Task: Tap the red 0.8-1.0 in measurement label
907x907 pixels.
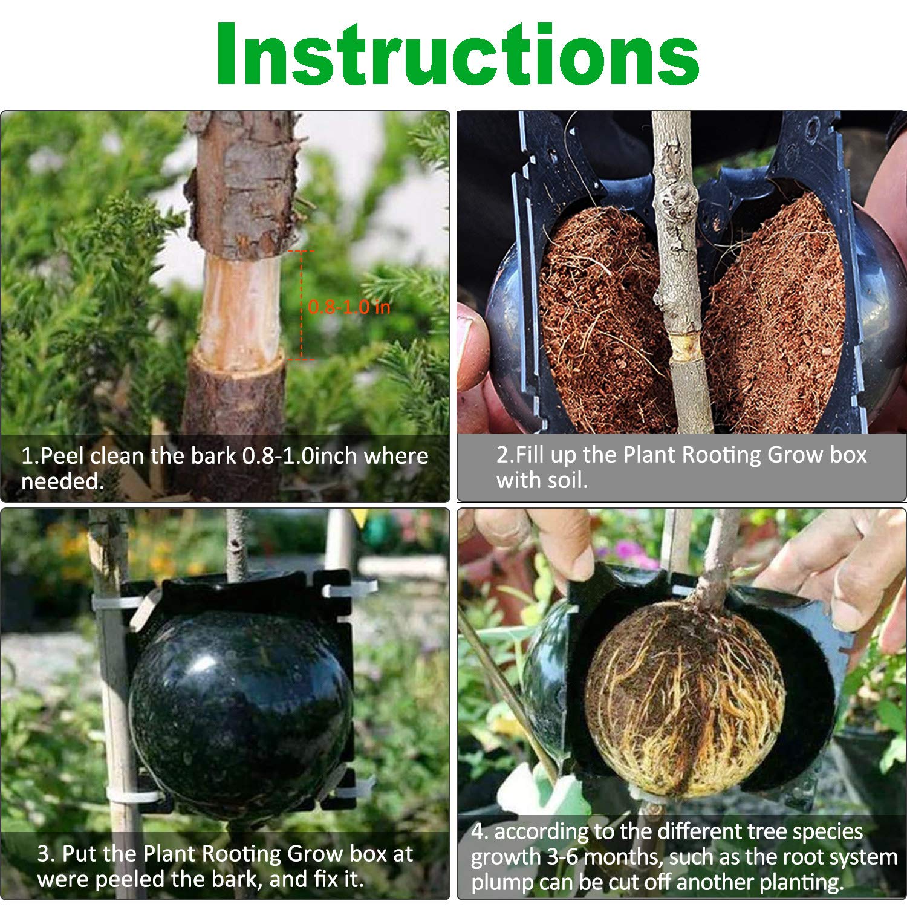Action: click(x=349, y=307)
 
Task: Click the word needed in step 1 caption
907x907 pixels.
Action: click(x=62, y=481)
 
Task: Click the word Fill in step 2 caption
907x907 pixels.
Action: click(x=531, y=455)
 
